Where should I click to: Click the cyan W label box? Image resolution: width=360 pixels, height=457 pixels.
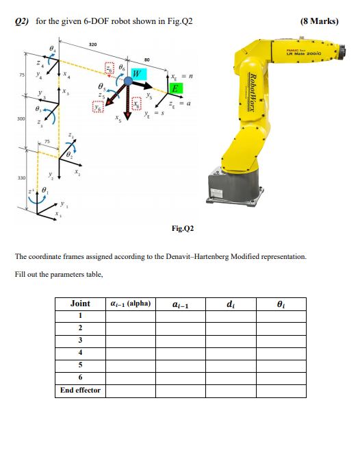tap(138, 73)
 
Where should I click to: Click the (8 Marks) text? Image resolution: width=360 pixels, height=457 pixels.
tap(319, 21)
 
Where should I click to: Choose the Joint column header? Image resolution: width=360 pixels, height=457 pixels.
tap(81, 303)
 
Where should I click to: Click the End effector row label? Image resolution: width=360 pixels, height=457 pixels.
tap(81, 391)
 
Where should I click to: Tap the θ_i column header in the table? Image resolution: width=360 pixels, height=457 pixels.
tap(281, 303)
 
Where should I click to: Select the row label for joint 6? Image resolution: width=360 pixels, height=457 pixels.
tap(81, 378)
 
